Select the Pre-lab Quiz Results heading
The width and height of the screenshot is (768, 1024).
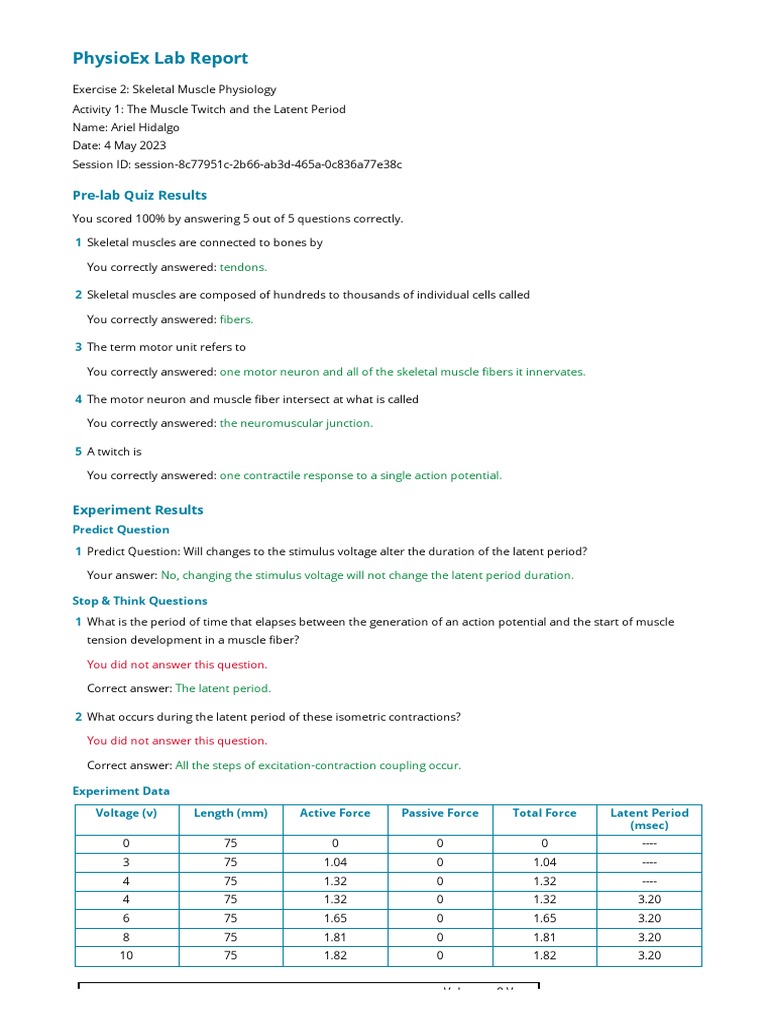pyautogui.click(x=140, y=195)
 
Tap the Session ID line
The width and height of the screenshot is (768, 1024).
pyautogui.click(x=237, y=164)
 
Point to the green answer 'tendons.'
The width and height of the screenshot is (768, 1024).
pyautogui.click(x=243, y=267)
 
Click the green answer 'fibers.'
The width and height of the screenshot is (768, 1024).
pyautogui.click(x=236, y=319)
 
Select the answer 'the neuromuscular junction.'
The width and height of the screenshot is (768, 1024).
pyautogui.click(x=296, y=423)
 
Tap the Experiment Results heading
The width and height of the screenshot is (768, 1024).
pyautogui.click(x=138, y=510)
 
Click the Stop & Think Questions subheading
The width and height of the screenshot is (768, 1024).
pyautogui.click(x=140, y=601)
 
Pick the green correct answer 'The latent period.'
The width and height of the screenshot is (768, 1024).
pyautogui.click(x=223, y=688)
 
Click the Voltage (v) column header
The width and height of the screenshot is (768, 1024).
pyautogui.click(x=126, y=813)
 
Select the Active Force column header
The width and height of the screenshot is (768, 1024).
pyautogui.click(x=335, y=813)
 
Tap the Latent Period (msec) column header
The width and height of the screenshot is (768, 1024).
pyautogui.click(x=649, y=819)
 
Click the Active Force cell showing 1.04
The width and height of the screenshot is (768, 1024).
pyautogui.click(x=335, y=862)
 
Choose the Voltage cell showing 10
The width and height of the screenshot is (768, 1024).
pyautogui.click(x=126, y=955)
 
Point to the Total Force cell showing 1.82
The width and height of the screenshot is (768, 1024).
pyautogui.click(x=544, y=955)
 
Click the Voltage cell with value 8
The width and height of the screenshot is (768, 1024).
pyautogui.click(x=126, y=937)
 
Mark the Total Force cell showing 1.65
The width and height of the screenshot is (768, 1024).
pyautogui.click(x=544, y=918)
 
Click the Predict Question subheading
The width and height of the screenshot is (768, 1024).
pyautogui.click(x=121, y=530)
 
